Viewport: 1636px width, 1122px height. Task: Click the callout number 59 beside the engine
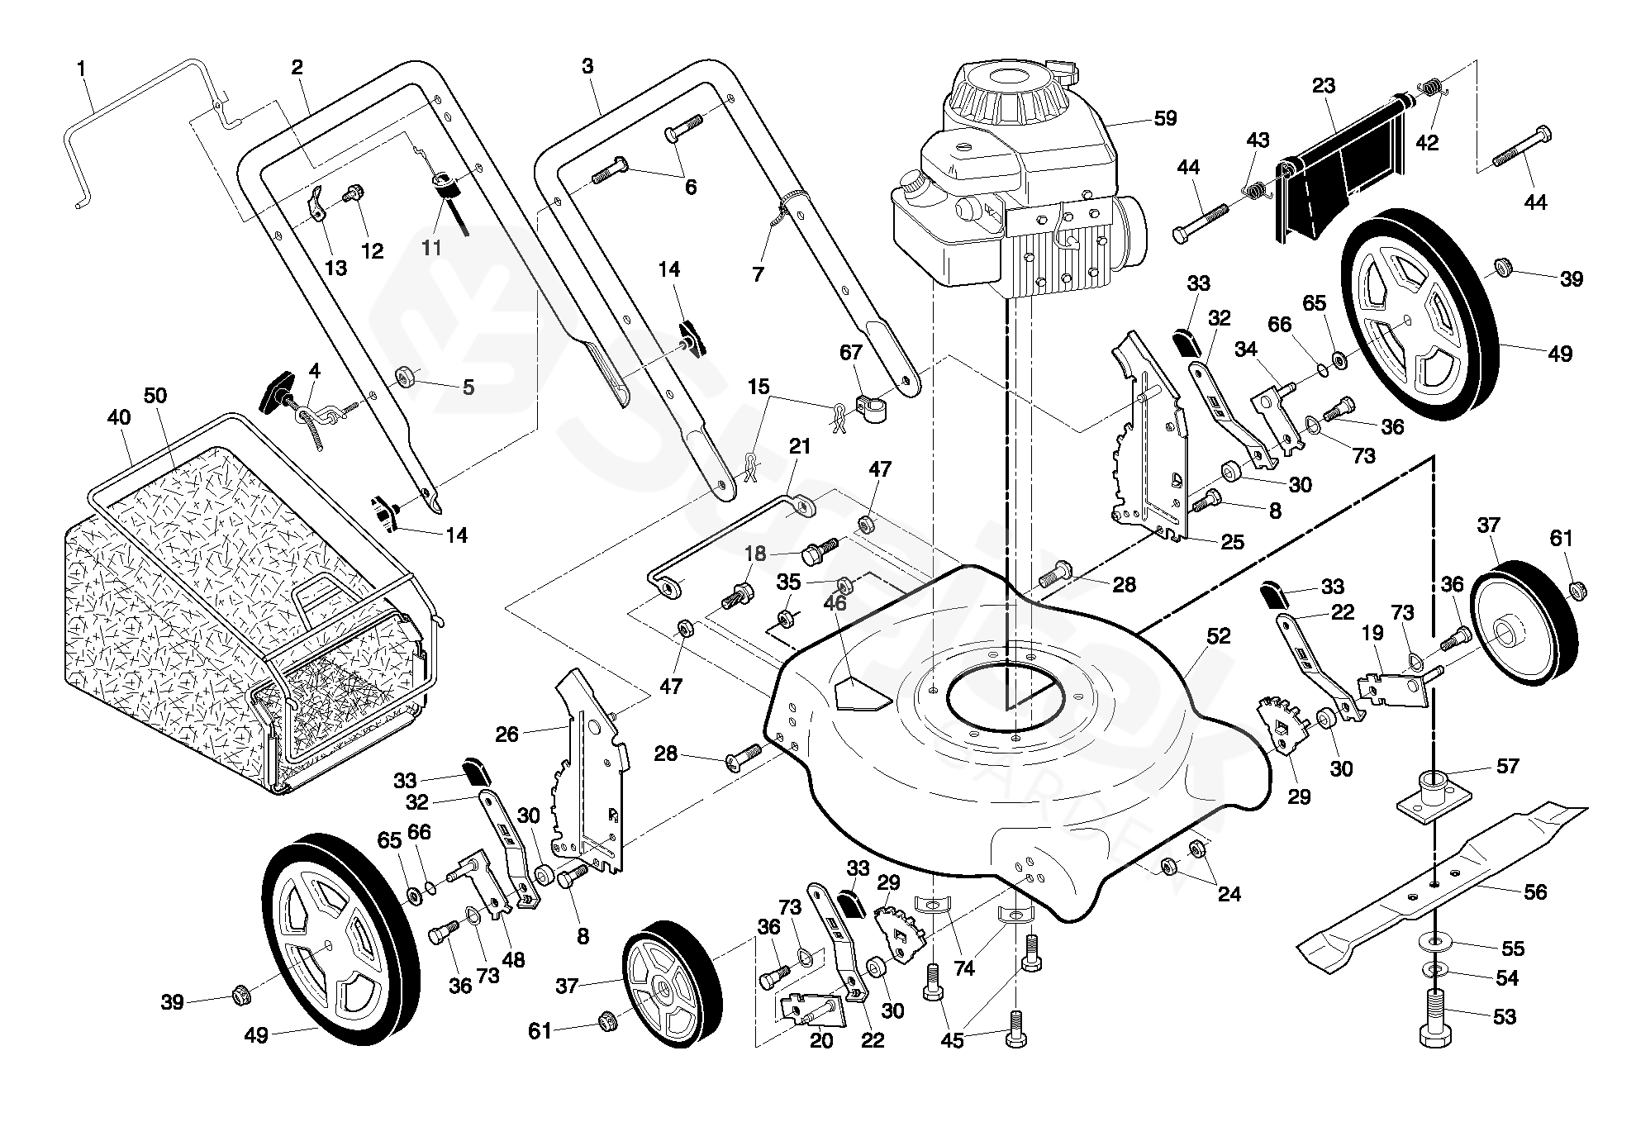[1165, 118]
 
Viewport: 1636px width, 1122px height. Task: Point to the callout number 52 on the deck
[1219, 636]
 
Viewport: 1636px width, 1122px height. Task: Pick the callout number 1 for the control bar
[81, 69]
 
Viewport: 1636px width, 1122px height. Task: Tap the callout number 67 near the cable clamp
[851, 353]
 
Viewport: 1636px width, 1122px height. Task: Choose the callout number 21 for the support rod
[800, 447]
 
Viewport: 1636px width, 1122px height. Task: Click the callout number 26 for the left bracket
[507, 733]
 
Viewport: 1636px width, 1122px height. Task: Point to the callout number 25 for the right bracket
[1232, 542]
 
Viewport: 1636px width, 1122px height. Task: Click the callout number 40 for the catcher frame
[119, 417]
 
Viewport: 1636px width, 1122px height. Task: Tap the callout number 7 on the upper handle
[759, 273]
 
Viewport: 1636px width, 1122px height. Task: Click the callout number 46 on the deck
[835, 603]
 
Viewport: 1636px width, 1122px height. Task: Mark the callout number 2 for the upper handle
[297, 68]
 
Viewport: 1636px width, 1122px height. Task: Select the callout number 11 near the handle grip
[431, 247]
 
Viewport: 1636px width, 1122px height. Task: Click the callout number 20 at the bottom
[821, 1040]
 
